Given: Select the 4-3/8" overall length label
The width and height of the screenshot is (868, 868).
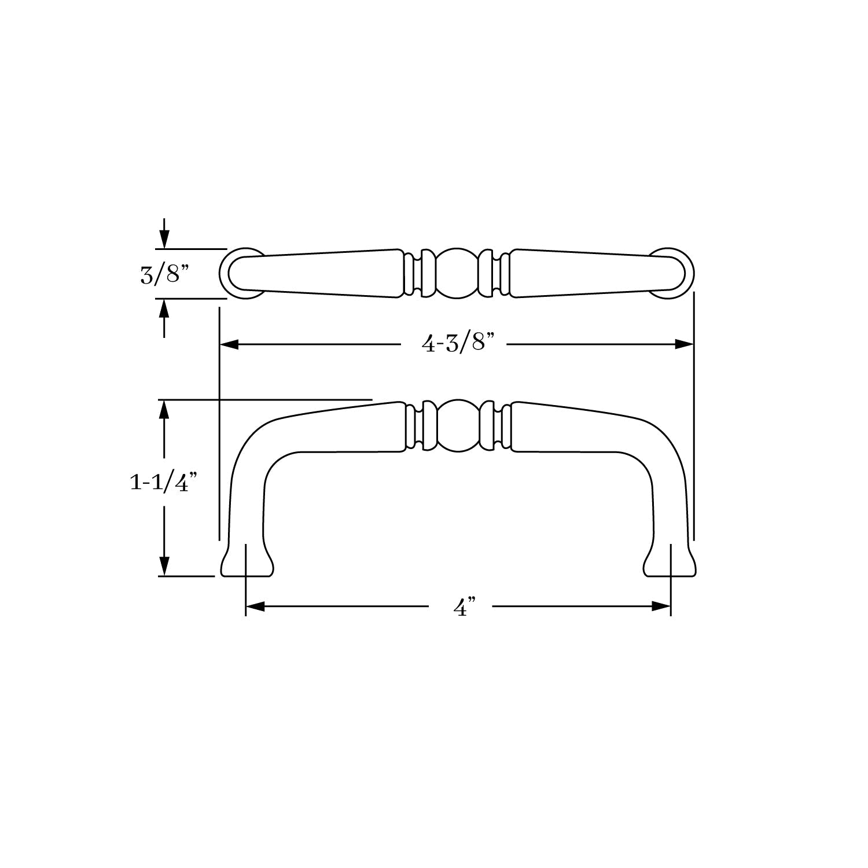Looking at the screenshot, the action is pos(458,344).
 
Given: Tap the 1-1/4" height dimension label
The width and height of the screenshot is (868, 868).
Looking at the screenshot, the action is pos(160,482).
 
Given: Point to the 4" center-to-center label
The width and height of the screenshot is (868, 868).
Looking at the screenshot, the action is pos(461,608).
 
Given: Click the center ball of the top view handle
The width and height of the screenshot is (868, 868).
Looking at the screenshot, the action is pos(457,274).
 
